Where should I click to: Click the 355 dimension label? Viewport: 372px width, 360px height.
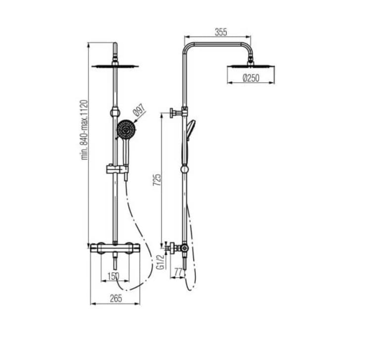pyautogui.click(x=221, y=32)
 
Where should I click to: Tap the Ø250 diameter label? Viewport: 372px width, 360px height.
pyautogui.click(x=251, y=78)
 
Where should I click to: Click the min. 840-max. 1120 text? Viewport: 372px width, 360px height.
pyautogui.click(x=84, y=130)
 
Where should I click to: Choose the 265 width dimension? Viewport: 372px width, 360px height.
pyautogui.click(x=115, y=298)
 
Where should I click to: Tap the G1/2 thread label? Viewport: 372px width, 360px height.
pyautogui.click(x=160, y=262)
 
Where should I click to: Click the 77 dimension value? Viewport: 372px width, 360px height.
pyautogui.click(x=178, y=272)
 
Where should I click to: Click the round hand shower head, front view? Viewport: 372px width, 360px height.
pyautogui.click(x=126, y=130)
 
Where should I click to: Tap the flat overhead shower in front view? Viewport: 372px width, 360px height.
pyautogui.click(x=115, y=65)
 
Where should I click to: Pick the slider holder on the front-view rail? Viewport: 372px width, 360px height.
pyautogui.click(x=115, y=170)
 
